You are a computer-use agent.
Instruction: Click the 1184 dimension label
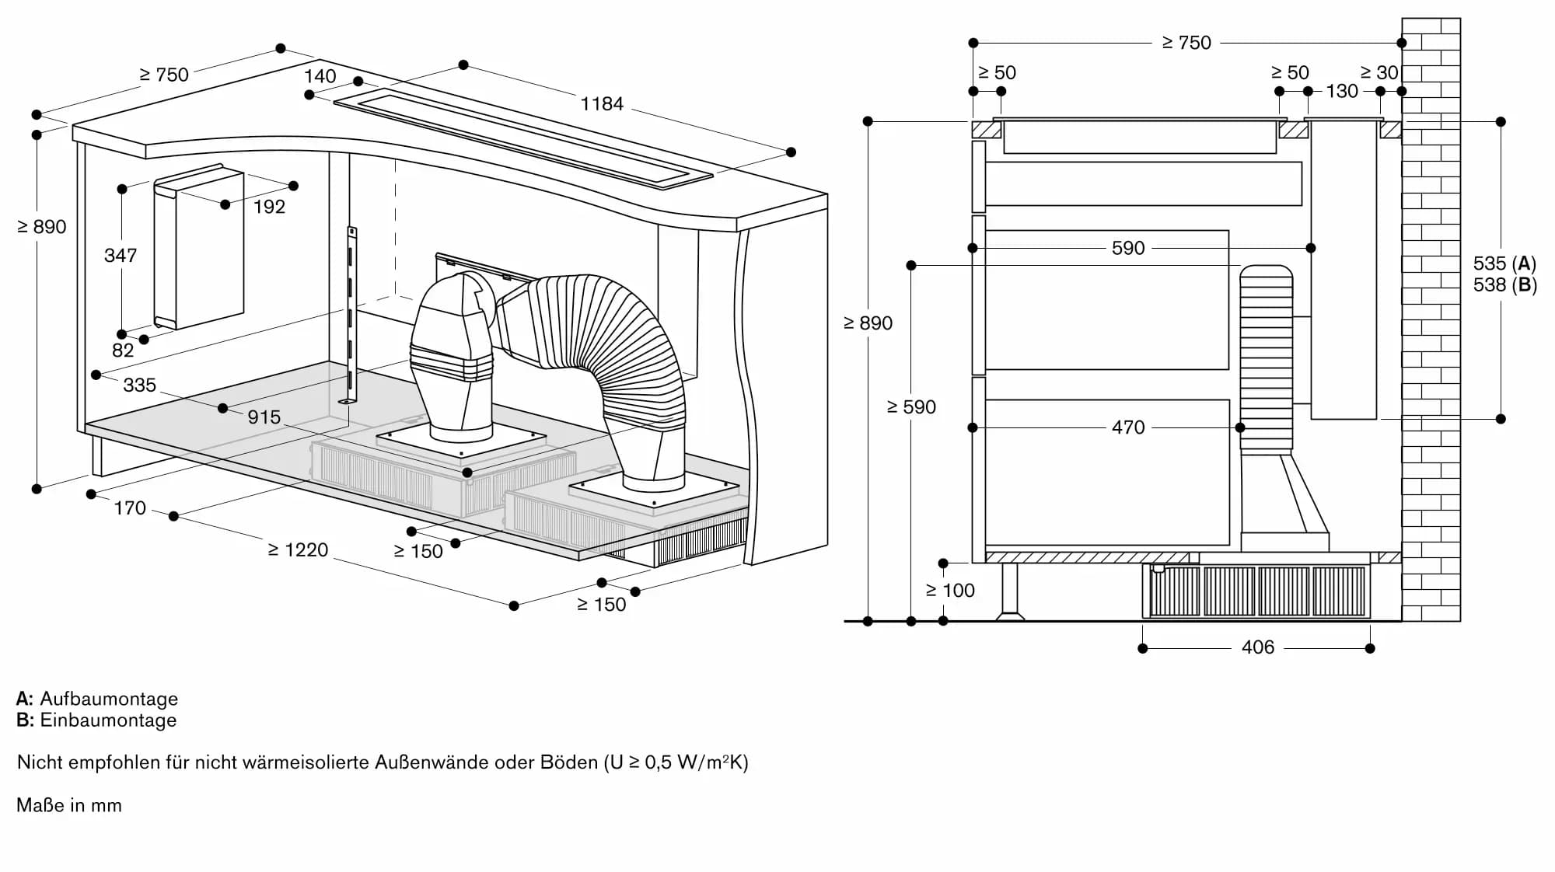pos(602,103)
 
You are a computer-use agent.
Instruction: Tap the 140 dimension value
pos(320,76)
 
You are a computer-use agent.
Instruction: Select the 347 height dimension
pos(121,256)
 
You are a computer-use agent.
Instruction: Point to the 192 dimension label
pos(269,207)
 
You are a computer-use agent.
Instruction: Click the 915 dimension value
pos(264,417)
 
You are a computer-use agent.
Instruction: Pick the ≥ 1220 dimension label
pos(298,550)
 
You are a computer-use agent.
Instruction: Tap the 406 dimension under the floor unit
pos(1257,647)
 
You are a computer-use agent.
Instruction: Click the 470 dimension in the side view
pos(1127,427)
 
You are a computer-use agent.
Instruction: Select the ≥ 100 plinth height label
pos(950,591)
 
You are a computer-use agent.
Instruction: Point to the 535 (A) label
pos(1504,263)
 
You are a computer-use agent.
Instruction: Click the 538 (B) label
pos(1504,285)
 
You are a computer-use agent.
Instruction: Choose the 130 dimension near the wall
pos(1342,92)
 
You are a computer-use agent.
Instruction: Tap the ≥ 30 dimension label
pos(1379,73)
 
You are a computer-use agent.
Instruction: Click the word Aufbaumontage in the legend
pos(109,699)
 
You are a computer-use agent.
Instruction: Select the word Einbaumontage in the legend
pos(108,720)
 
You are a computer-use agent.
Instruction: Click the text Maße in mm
pos(69,806)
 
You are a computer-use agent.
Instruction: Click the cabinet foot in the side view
pos(1010,591)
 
